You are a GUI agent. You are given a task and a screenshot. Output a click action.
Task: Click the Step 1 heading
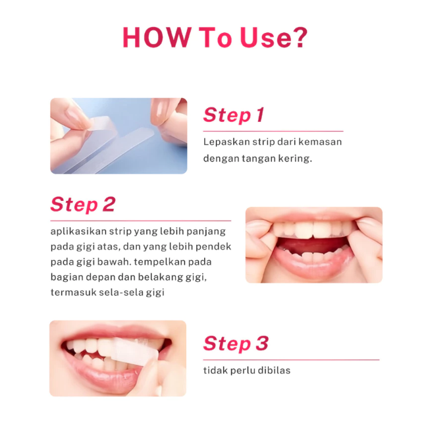pyautogui.click(x=234, y=115)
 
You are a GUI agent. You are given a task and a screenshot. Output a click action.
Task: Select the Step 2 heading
pyautogui.click(x=83, y=205)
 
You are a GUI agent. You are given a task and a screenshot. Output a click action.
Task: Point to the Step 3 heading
pyautogui.click(x=236, y=344)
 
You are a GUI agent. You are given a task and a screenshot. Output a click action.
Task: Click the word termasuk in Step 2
pyautogui.click(x=74, y=292)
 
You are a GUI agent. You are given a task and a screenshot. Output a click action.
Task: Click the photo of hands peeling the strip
pyautogui.click(x=119, y=136)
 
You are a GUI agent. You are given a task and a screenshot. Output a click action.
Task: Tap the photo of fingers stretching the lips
pyautogui.click(x=313, y=245)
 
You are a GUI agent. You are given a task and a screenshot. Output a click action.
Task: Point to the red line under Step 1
pyautogui.click(x=273, y=131)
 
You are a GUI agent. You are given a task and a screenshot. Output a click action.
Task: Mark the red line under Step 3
pyautogui.click(x=291, y=360)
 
